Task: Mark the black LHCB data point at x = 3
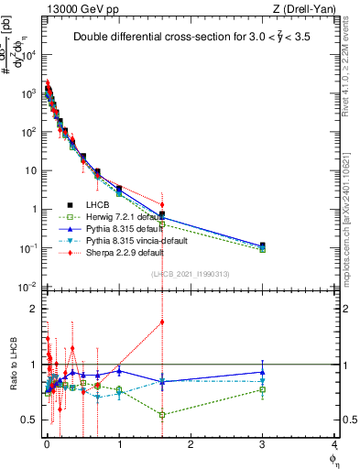click(x=263, y=245)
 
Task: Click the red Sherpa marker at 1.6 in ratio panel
click(x=162, y=322)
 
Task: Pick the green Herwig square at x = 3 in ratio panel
click(x=263, y=389)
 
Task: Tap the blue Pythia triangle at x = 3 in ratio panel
click(x=263, y=372)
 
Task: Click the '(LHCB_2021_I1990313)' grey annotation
click(x=191, y=274)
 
